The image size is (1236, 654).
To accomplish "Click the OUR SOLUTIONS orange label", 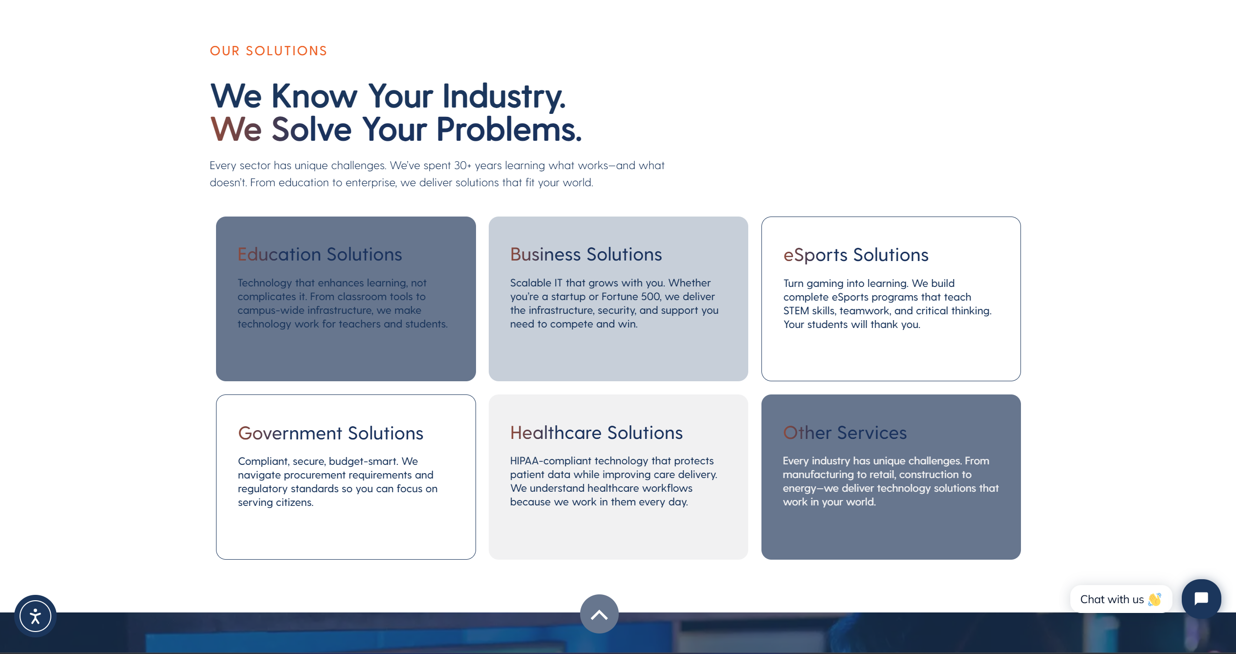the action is (268, 51).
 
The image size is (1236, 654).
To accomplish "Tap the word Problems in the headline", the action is (509, 130).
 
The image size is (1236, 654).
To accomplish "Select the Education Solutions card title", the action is (320, 254).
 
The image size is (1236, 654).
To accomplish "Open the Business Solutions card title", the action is (586, 254).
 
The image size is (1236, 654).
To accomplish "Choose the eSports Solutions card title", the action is (856, 255).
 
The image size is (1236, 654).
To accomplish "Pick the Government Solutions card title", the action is (330, 433).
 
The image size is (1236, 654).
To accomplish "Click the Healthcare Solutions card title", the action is (596, 433).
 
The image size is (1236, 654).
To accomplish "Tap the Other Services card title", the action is (845, 433).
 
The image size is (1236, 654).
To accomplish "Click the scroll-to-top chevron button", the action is (599, 614).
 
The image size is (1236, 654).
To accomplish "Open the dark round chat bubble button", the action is (1201, 599).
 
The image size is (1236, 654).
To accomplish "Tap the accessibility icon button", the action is (35, 616).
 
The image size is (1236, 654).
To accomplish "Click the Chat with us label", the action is (1112, 599).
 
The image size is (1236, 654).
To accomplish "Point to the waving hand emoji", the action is (1155, 599).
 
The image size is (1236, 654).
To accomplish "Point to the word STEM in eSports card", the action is (796, 311).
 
